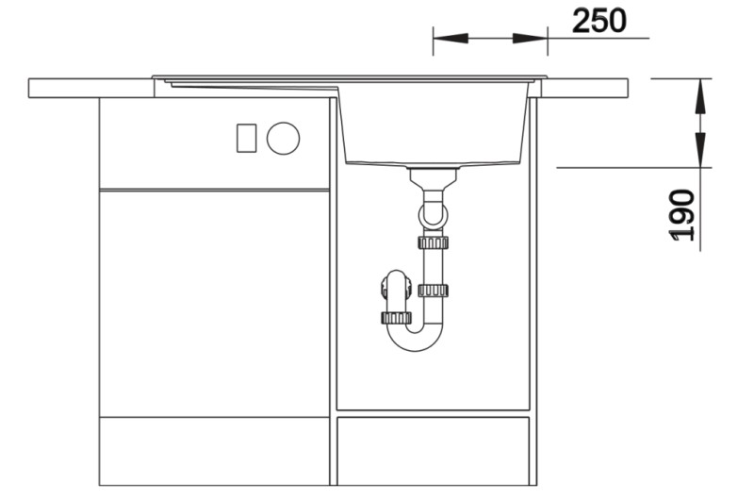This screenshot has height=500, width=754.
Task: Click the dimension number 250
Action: coord(598,20)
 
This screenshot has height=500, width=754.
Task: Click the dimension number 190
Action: coord(684,215)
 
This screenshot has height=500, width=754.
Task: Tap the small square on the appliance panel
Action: coord(246,138)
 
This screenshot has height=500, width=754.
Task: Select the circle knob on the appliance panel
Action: coord(283,139)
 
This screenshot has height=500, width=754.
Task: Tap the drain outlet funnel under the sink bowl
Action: coord(434,176)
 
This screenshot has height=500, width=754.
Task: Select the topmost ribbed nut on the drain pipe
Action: coord(433,242)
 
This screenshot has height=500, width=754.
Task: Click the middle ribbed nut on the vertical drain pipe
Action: coord(433,290)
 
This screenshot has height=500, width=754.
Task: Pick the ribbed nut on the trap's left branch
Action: coord(398,317)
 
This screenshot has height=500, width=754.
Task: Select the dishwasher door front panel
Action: coord(215,302)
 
